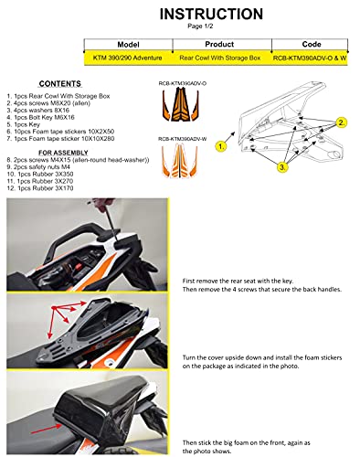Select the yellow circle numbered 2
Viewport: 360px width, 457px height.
coord(341,122)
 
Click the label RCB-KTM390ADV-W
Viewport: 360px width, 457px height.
coord(185,139)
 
